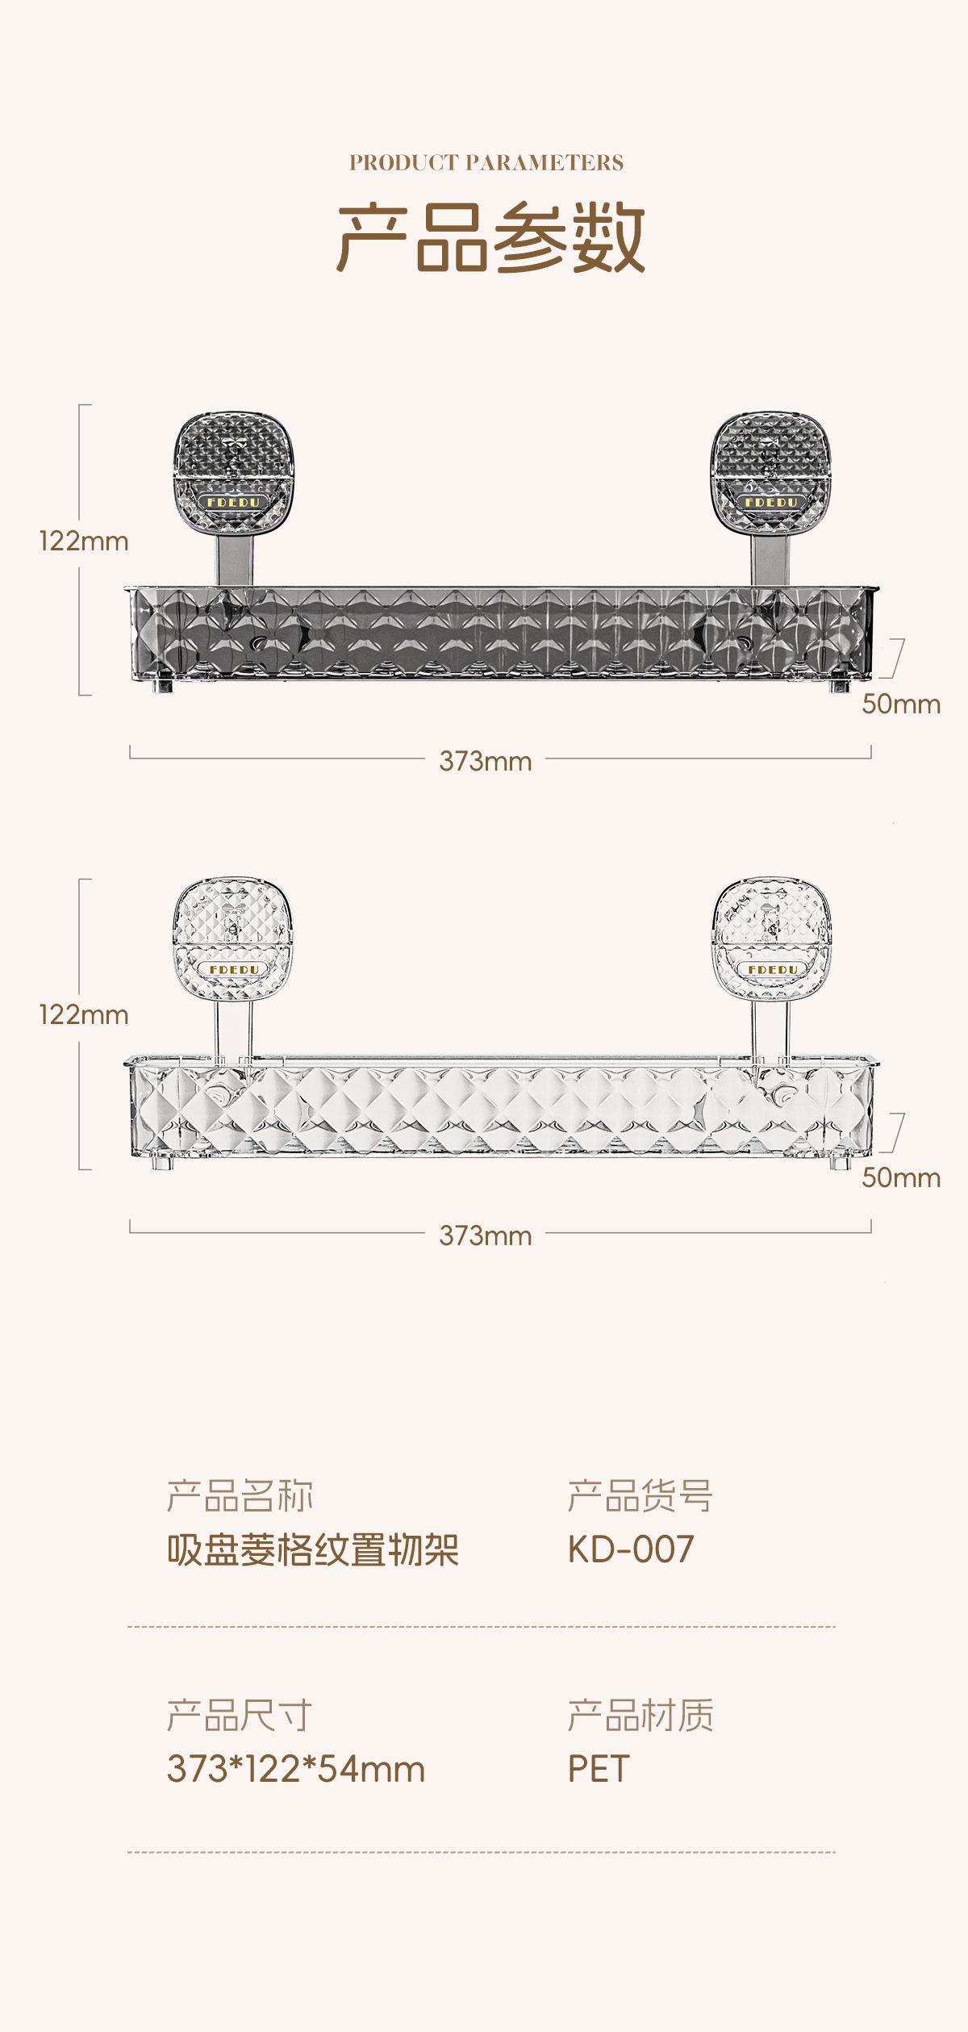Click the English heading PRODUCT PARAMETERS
(486, 163)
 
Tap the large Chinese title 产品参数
(490, 238)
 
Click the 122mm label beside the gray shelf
(84, 541)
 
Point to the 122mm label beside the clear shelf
(84, 1014)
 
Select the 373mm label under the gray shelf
(486, 761)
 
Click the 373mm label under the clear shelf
(486, 1236)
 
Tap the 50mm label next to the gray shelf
(901, 704)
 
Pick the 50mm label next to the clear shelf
(901, 1177)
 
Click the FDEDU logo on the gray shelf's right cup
(770, 502)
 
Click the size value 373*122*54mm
(295, 1769)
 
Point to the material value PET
(598, 1769)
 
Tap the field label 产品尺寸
(239, 1715)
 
